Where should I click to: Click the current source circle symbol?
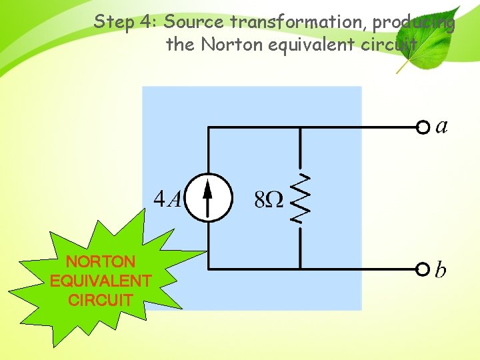click(208, 197)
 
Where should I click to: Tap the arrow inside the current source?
click(208, 197)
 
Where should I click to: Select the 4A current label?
click(167, 199)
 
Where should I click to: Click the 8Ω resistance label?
click(269, 199)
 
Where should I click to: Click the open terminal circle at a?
click(422, 127)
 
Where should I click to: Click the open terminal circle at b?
click(422, 269)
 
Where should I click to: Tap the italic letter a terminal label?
click(441, 126)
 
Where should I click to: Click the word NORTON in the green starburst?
click(101, 261)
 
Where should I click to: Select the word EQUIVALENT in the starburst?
click(101, 281)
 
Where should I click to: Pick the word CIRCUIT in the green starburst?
click(101, 300)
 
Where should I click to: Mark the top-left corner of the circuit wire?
click(209, 127)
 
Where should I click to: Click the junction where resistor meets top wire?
click(300, 127)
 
